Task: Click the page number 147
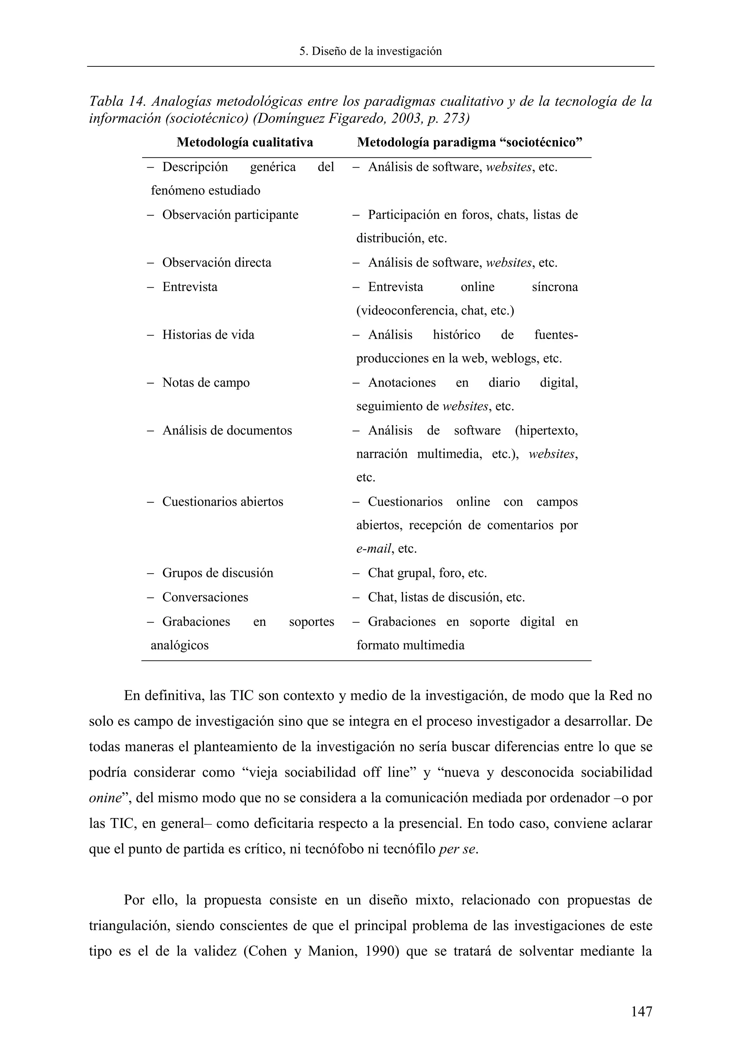pos(642,1011)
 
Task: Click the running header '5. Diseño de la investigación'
pos(371,51)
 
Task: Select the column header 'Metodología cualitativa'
pos(244,142)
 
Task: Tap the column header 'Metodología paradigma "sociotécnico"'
pos(469,142)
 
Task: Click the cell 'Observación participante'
pos(230,215)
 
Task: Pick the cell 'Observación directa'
pos(216,263)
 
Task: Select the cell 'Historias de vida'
pos(208,335)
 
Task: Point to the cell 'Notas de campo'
pos(206,383)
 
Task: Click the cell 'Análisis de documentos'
pos(227,431)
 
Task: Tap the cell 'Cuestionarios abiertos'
pos(222,502)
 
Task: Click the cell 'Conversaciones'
pos(205,597)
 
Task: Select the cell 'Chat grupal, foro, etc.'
pos(427,573)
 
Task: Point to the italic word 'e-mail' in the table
pos(373,549)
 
